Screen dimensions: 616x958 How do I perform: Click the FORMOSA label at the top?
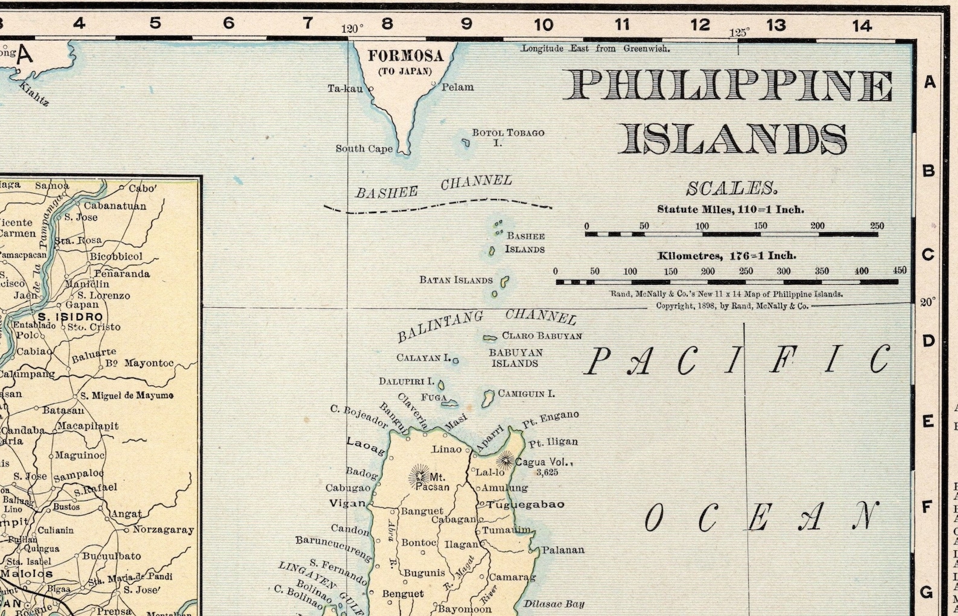(405, 56)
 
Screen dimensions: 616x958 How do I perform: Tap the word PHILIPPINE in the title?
(728, 85)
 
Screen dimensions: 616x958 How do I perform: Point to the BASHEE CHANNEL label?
(433, 187)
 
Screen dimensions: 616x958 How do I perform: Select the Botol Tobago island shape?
(466, 143)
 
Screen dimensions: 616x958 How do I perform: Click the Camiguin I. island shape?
(488, 398)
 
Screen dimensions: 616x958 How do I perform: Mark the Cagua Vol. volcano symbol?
(506, 461)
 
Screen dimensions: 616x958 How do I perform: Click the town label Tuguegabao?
(525, 504)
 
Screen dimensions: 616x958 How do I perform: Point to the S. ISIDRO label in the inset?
(70, 316)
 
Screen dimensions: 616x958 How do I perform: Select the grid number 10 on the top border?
(543, 24)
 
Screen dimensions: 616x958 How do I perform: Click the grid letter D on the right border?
(928, 341)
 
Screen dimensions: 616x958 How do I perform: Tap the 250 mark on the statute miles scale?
(877, 226)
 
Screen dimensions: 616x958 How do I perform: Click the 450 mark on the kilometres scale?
(899, 270)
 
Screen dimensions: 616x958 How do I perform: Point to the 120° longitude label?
(352, 28)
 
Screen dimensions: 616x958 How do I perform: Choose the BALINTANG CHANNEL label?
(486, 323)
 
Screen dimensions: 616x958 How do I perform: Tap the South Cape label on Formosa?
(364, 148)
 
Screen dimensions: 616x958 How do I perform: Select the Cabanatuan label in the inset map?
(115, 206)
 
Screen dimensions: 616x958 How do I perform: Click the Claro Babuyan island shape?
(490, 337)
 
